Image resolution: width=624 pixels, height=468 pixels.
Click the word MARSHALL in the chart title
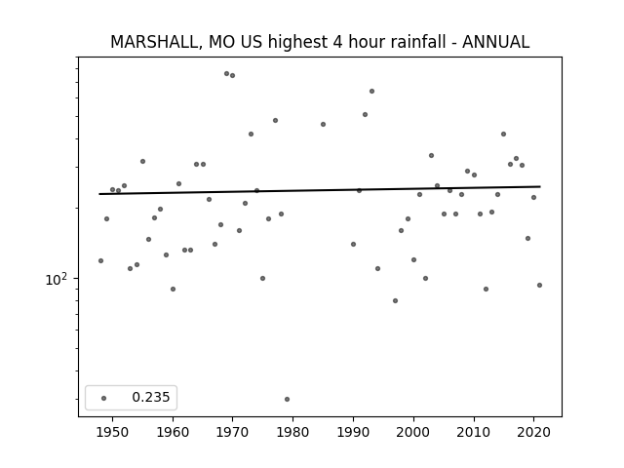[x=154, y=42]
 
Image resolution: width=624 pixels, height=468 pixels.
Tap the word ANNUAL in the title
[x=495, y=42]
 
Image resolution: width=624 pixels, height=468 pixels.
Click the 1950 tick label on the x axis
[x=113, y=432]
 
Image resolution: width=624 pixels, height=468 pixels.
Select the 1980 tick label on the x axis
[x=292, y=432]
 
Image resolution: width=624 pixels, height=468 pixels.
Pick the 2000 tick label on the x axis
[x=413, y=432]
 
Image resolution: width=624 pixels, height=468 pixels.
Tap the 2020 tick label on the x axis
[x=534, y=432]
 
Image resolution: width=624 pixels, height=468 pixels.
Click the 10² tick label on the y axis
[x=57, y=280]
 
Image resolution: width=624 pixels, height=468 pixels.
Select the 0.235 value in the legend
[x=151, y=397]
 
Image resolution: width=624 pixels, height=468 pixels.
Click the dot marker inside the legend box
[x=104, y=398]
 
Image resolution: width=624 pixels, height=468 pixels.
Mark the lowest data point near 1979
[x=287, y=399]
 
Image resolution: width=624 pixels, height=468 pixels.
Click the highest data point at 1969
[x=226, y=74]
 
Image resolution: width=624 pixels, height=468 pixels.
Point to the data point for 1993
[x=371, y=91]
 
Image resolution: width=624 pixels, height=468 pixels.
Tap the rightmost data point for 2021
[x=539, y=285]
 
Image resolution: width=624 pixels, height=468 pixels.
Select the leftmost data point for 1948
[x=100, y=260]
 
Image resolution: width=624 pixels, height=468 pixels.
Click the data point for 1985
[x=323, y=124]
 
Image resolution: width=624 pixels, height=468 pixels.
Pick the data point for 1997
[x=395, y=300]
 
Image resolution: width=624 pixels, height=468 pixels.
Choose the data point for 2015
[x=503, y=135]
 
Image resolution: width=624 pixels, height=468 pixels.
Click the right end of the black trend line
[x=540, y=186]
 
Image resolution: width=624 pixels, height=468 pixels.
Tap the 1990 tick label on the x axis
[x=353, y=432]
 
